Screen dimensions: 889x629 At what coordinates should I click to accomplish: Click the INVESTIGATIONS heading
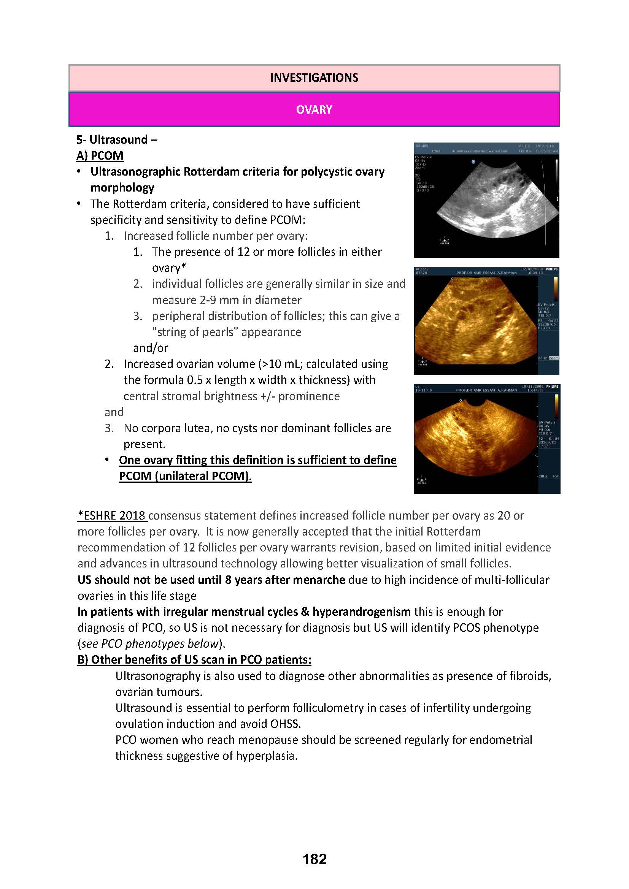point(314,78)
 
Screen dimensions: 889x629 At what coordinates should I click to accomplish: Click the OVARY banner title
point(314,109)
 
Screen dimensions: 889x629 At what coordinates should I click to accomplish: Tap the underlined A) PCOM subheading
point(100,156)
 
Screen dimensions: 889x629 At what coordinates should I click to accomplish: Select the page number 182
point(314,859)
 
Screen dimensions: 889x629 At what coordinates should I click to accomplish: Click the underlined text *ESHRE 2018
point(112,516)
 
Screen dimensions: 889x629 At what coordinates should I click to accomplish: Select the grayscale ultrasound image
point(486,200)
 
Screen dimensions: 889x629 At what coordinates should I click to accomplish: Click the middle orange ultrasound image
point(486,321)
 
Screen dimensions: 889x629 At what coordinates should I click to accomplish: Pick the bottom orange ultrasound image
point(486,439)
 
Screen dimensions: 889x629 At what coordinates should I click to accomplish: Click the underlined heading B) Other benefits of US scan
point(194,660)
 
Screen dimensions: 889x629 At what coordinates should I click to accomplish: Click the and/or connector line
point(150,348)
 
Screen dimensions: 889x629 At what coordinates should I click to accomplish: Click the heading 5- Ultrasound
point(117,139)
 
